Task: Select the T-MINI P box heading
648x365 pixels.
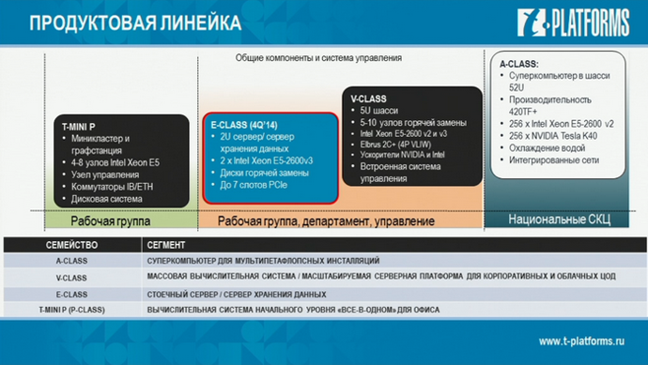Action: pos(78,125)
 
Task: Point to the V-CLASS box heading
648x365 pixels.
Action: pos(369,99)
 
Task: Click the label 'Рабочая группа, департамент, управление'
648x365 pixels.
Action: pos(326,221)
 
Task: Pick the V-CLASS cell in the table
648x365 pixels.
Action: pos(72,279)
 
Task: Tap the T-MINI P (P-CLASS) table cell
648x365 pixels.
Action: pos(72,309)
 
